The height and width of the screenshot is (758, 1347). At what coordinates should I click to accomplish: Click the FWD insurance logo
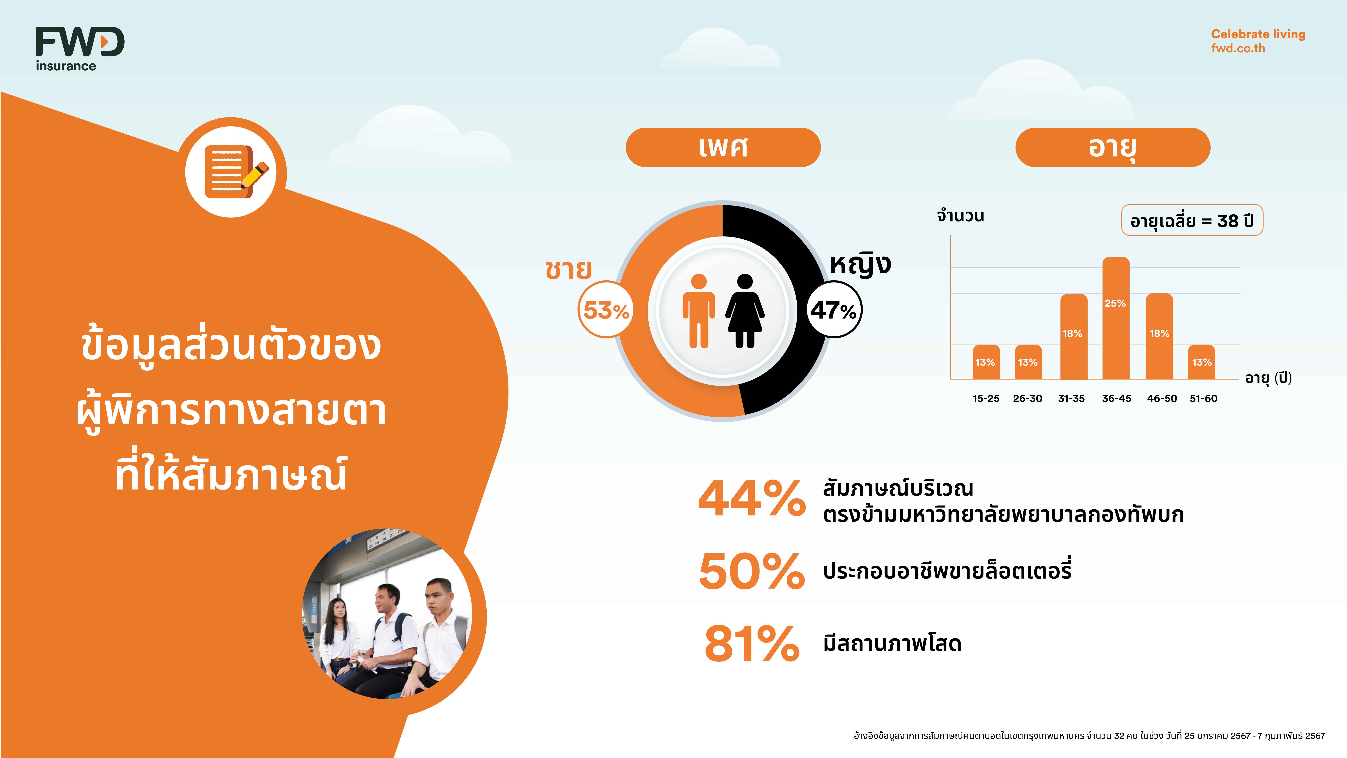[80, 49]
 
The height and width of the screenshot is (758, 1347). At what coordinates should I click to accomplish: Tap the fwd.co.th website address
[1238, 48]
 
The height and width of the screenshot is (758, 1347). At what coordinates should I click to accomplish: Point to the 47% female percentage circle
[834, 310]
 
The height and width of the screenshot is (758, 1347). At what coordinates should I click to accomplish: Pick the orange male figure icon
[699, 311]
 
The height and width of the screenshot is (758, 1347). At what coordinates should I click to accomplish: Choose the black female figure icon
[745, 311]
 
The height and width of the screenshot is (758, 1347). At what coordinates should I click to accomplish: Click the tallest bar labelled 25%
[1116, 318]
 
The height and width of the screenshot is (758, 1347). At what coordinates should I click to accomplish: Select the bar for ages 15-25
[986, 362]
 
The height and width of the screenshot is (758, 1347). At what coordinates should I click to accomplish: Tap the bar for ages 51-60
[1202, 362]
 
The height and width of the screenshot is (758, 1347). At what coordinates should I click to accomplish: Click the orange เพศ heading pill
[723, 148]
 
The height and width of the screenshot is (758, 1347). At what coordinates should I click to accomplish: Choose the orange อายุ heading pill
[1113, 148]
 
